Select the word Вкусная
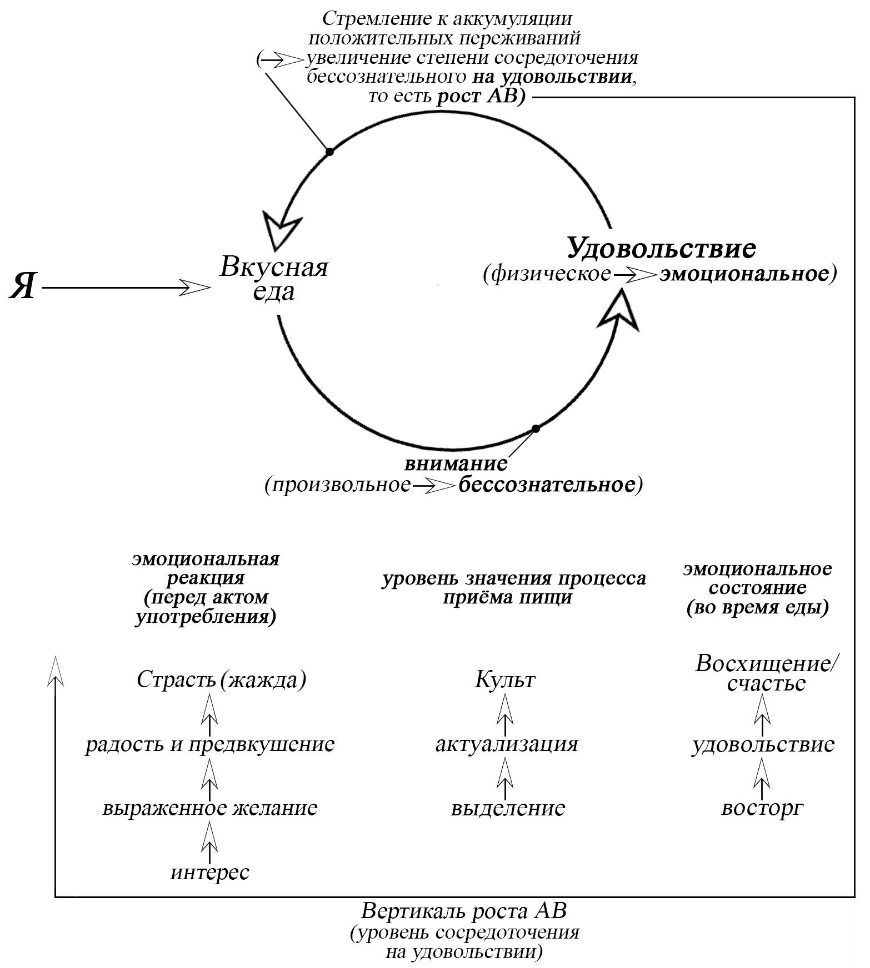pos(274,268)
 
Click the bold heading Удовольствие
pos(661,248)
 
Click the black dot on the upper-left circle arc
pos(329,151)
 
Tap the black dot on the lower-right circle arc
pos(536,428)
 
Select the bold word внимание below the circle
pos(456,462)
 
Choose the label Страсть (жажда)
pos(221,680)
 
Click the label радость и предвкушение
pos(210,744)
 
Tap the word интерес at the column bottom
pos(210,872)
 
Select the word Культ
pos(505,680)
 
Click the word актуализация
pos(507,744)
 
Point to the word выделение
pos(508,808)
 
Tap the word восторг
pos(762,808)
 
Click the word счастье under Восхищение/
pos(766,684)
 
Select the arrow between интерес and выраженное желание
pos(209,840)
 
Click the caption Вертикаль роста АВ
pos(464,911)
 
